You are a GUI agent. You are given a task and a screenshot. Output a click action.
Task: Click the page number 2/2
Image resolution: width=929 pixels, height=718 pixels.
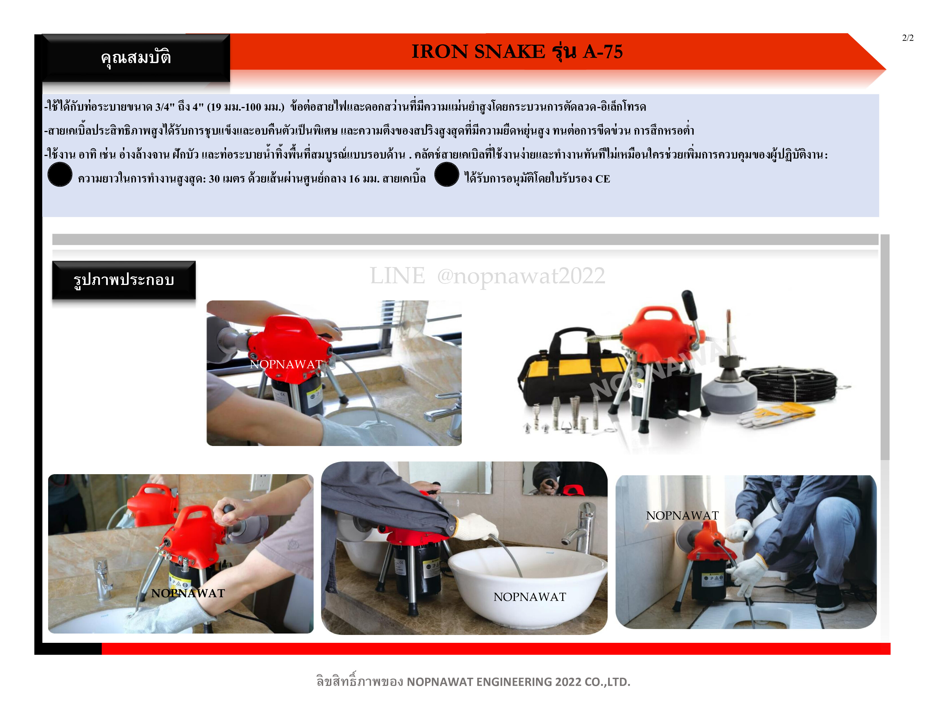point(908,38)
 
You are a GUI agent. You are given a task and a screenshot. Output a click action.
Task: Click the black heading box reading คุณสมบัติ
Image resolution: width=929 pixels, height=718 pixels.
point(136,58)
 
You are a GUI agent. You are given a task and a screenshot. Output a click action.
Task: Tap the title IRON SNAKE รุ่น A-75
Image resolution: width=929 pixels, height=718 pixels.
point(517,52)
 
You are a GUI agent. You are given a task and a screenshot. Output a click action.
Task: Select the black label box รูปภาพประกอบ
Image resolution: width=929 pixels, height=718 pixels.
point(124,280)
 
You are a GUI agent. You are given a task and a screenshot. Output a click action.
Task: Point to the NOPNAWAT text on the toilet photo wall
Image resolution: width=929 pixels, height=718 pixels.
point(682,516)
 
